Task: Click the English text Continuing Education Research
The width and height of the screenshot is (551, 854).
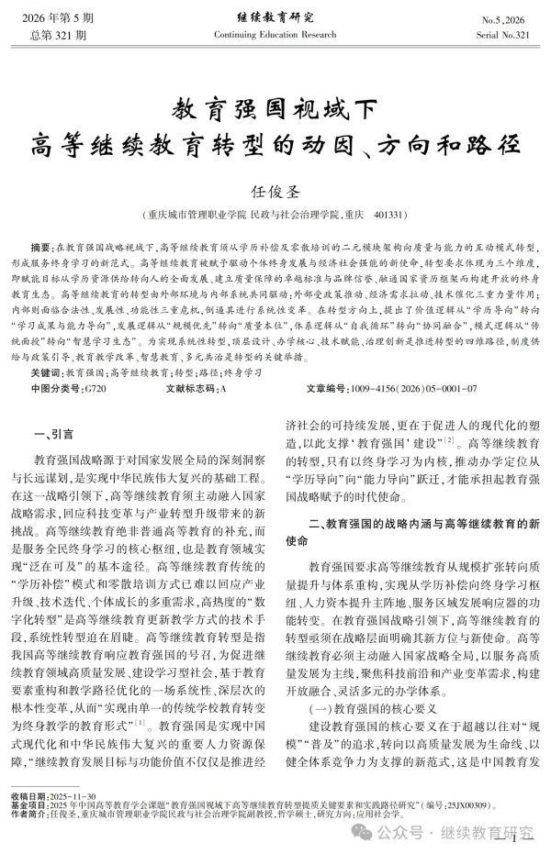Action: (275, 34)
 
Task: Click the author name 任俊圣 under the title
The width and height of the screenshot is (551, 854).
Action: (275, 191)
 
